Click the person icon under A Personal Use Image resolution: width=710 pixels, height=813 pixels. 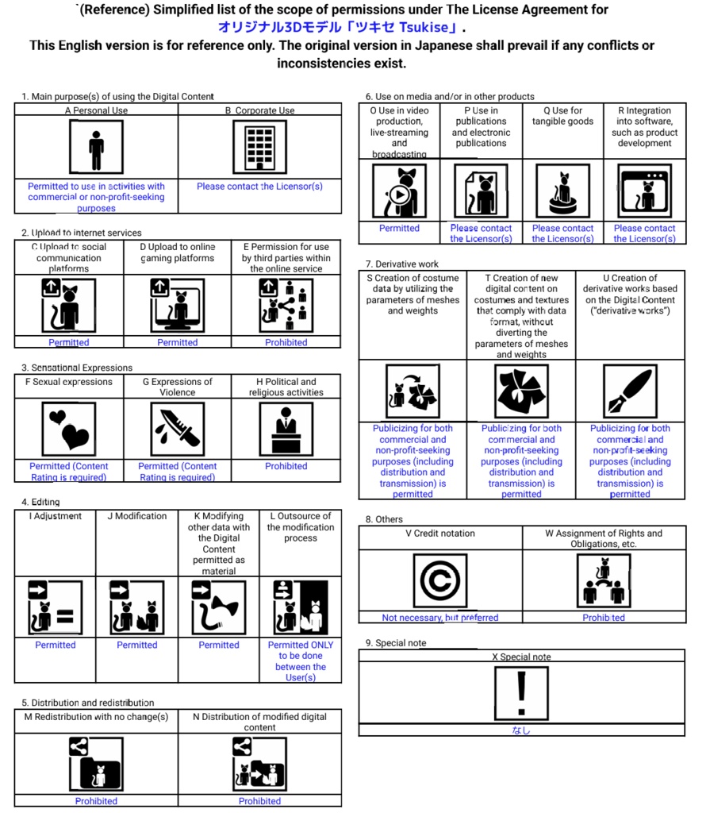96,148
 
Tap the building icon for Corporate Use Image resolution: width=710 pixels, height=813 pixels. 259,148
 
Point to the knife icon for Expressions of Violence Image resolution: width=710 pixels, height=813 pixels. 177,430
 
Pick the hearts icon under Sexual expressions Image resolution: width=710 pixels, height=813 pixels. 68,430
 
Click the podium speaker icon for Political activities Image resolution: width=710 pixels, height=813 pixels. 286,430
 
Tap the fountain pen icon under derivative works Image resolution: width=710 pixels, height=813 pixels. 629,391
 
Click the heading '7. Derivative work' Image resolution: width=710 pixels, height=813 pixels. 402,264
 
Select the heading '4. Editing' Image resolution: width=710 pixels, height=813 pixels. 40,502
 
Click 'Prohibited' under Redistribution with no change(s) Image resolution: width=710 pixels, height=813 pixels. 96,801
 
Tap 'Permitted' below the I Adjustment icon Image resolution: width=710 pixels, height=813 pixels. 56,645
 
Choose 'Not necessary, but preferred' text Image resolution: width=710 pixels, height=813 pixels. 440,618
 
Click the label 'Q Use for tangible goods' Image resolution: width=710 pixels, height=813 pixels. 562,116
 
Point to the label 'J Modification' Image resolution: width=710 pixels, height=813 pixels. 137,516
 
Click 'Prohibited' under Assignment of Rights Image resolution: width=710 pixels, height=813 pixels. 604,618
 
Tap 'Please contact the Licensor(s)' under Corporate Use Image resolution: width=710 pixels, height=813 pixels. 259,187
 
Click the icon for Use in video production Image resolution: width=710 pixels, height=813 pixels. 399,191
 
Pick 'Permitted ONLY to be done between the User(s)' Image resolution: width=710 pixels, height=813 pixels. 301,661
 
